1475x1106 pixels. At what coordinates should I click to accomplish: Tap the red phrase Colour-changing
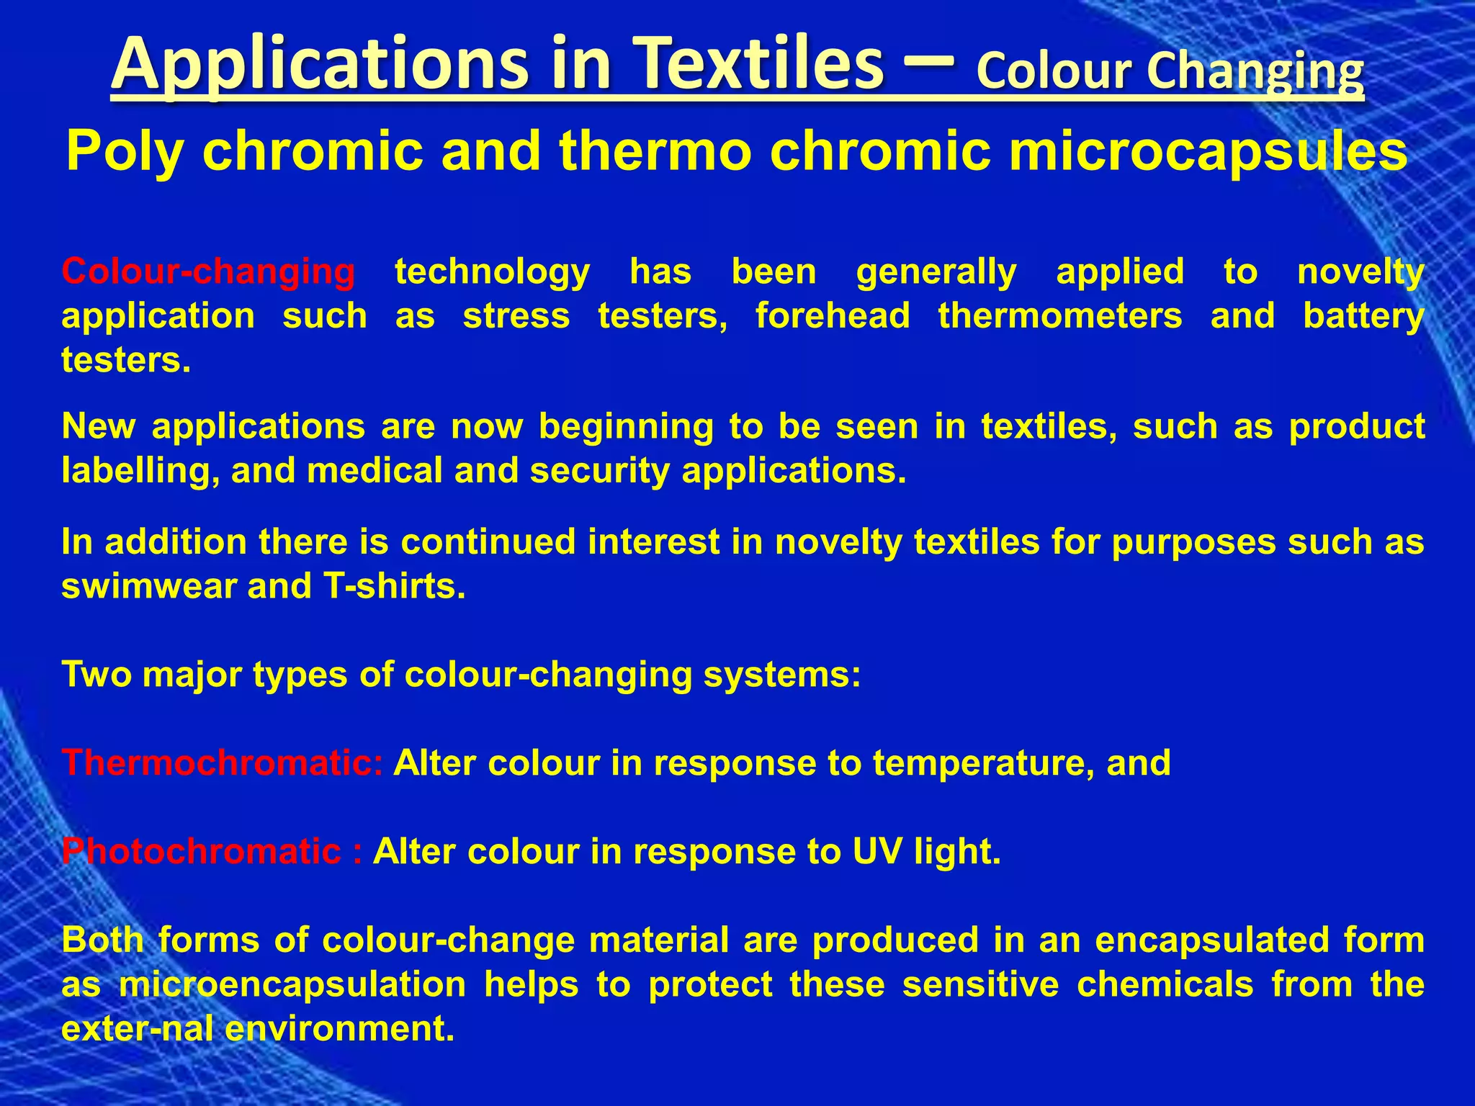(208, 272)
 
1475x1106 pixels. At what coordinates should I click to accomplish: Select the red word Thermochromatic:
(223, 763)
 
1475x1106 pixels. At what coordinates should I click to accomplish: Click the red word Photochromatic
(201, 852)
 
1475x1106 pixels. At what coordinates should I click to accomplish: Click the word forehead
(833, 316)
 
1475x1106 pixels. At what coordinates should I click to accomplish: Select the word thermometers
(1060, 316)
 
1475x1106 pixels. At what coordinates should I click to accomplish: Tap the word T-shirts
(394, 586)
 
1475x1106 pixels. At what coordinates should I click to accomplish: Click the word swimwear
(148, 586)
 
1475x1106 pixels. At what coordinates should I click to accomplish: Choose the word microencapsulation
(292, 984)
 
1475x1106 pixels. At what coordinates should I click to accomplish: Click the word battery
(1363, 316)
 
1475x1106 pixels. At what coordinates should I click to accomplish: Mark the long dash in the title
(929, 63)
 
